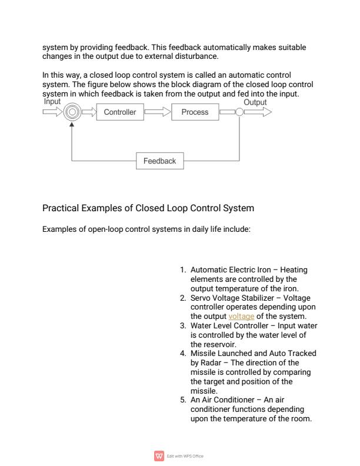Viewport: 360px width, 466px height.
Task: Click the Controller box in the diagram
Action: coord(120,112)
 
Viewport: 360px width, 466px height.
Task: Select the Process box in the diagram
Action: coord(195,112)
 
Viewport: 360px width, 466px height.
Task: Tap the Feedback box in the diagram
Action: coord(159,161)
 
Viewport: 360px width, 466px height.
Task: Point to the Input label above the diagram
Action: coord(52,102)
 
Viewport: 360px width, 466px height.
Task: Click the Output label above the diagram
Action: coord(255,102)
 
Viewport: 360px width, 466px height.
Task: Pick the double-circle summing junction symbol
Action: coord(71,112)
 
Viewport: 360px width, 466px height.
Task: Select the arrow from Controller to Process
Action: coord(157,112)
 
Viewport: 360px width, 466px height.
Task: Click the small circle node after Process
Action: coord(239,112)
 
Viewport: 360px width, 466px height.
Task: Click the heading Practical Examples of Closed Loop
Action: coord(149,208)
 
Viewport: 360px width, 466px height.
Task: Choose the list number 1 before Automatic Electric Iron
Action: coord(183,270)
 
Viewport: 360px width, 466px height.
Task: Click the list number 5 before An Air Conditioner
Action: coord(183,400)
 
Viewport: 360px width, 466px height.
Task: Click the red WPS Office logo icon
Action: coord(158,455)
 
